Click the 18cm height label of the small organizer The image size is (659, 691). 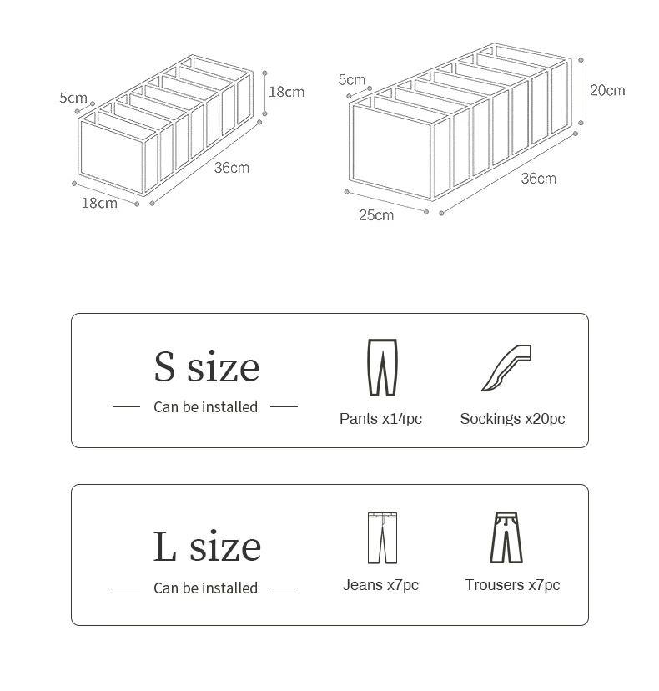coord(286,92)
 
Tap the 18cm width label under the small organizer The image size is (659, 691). coord(99,203)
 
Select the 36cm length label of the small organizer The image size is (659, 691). coord(231,168)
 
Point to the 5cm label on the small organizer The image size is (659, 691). coord(73,98)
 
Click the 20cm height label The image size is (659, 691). coord(607,90)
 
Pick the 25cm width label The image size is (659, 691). coord(376,215)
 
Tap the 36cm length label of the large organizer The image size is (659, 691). coord(538,179)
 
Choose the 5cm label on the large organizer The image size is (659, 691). coord(352,80)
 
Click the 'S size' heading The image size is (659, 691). coord(206,367)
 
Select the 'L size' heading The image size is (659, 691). coord(207,547)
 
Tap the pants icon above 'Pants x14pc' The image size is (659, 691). coord(381,368)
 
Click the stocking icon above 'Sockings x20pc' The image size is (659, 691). coord(507,368)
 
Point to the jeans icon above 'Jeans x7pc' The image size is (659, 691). coord(382,537)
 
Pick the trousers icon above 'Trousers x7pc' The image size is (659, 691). coord(506,537)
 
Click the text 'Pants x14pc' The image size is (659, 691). coord(380,419)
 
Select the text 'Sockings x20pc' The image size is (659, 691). coord(512,419)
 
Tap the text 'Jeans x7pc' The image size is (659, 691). coord(380,585)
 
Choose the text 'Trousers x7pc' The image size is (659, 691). coord(512,585)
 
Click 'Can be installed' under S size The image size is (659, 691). coord(205,407)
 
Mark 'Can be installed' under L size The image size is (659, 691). coord(205,588)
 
